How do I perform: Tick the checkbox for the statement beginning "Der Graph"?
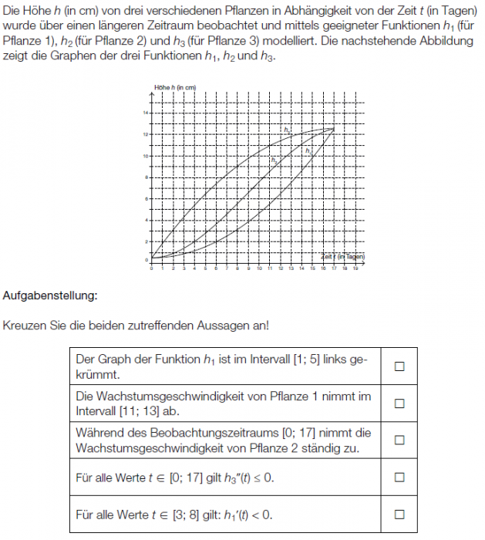pos(399,366)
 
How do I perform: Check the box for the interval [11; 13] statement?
pos(399,403)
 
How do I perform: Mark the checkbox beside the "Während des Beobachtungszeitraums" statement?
pos(399,440)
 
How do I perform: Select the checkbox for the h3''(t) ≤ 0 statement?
pos(399,478)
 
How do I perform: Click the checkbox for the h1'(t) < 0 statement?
pos(399,514)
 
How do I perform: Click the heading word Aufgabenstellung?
pos(50,295)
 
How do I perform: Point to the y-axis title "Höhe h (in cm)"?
pos(176,88)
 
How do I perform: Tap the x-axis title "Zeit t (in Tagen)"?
pos(342,255)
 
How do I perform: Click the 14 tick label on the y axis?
pos(144,113)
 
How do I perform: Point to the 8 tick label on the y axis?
pos(146,178)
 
